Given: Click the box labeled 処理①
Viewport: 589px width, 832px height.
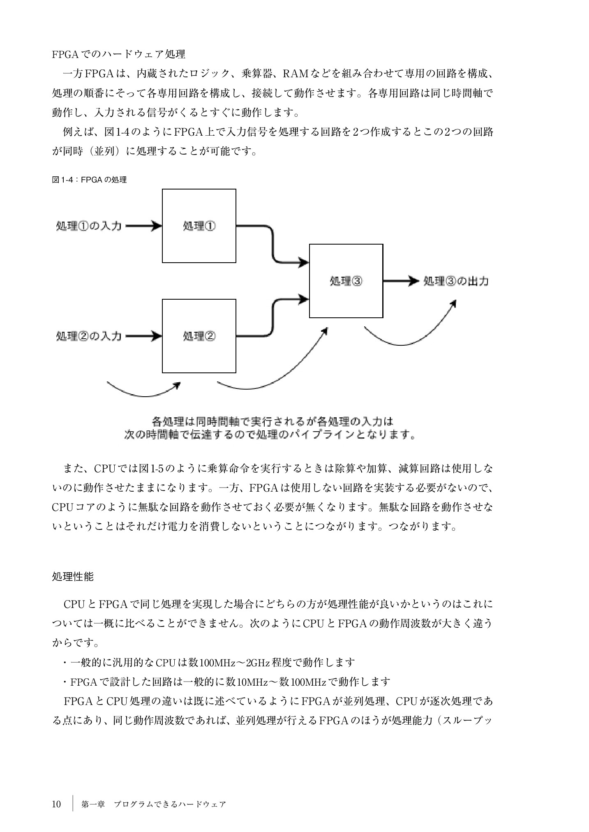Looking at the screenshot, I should (199, 226).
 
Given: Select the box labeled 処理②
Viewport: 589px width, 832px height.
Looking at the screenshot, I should (199, 336).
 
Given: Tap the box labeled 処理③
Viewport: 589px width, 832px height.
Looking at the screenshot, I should (346, 281).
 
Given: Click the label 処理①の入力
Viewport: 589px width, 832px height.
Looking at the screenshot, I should (89, 226).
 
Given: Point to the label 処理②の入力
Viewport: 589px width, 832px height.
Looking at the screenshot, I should (89, 336).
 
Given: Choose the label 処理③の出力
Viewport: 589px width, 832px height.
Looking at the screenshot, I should (456, 281).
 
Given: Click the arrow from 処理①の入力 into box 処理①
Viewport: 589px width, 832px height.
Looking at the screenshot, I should (143, 226).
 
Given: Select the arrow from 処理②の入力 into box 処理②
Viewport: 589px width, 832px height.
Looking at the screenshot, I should (143, 336).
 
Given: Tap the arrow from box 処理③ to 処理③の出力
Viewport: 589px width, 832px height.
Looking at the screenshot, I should (400, 281).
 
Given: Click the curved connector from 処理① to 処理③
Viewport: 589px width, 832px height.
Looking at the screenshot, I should (273, 245).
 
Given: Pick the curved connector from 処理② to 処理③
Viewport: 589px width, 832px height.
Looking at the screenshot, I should (273, 317).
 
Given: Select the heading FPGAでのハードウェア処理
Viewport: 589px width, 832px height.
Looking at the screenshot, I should (118, 54).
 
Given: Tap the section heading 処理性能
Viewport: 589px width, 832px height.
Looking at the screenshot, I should (73, 577).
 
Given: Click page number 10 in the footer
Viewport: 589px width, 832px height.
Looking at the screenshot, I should (57, 804).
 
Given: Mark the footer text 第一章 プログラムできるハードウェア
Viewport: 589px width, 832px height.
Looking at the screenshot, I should (154, 804).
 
